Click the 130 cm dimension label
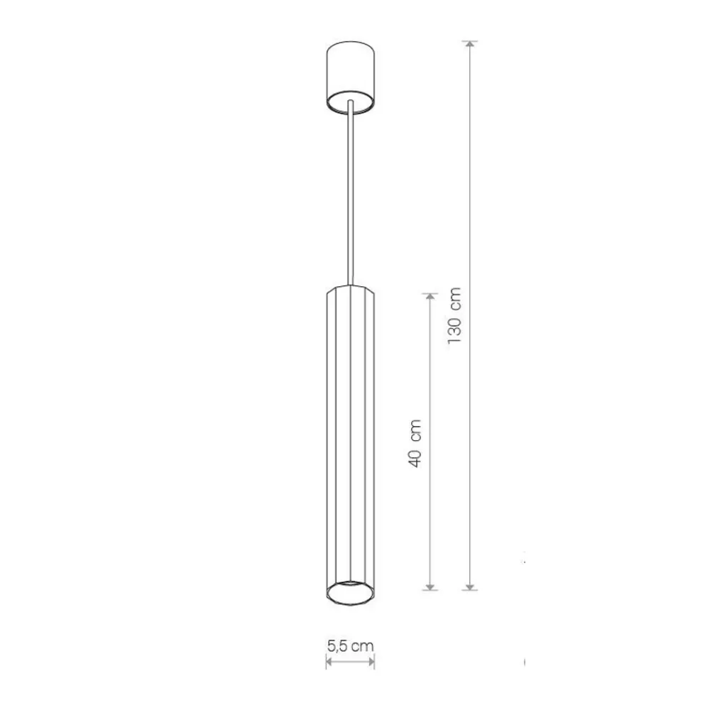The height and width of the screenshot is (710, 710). click(454, 315)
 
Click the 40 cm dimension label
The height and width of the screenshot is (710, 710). click(415, 443)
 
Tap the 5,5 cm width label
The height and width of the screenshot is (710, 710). click(351, 645)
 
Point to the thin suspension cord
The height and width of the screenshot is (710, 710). click(351, 193)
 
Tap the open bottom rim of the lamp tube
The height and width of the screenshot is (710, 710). click(351, 593)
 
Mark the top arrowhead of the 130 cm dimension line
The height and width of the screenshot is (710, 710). click(471, 45)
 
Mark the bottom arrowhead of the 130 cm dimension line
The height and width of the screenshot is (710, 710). click(471, 586)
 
